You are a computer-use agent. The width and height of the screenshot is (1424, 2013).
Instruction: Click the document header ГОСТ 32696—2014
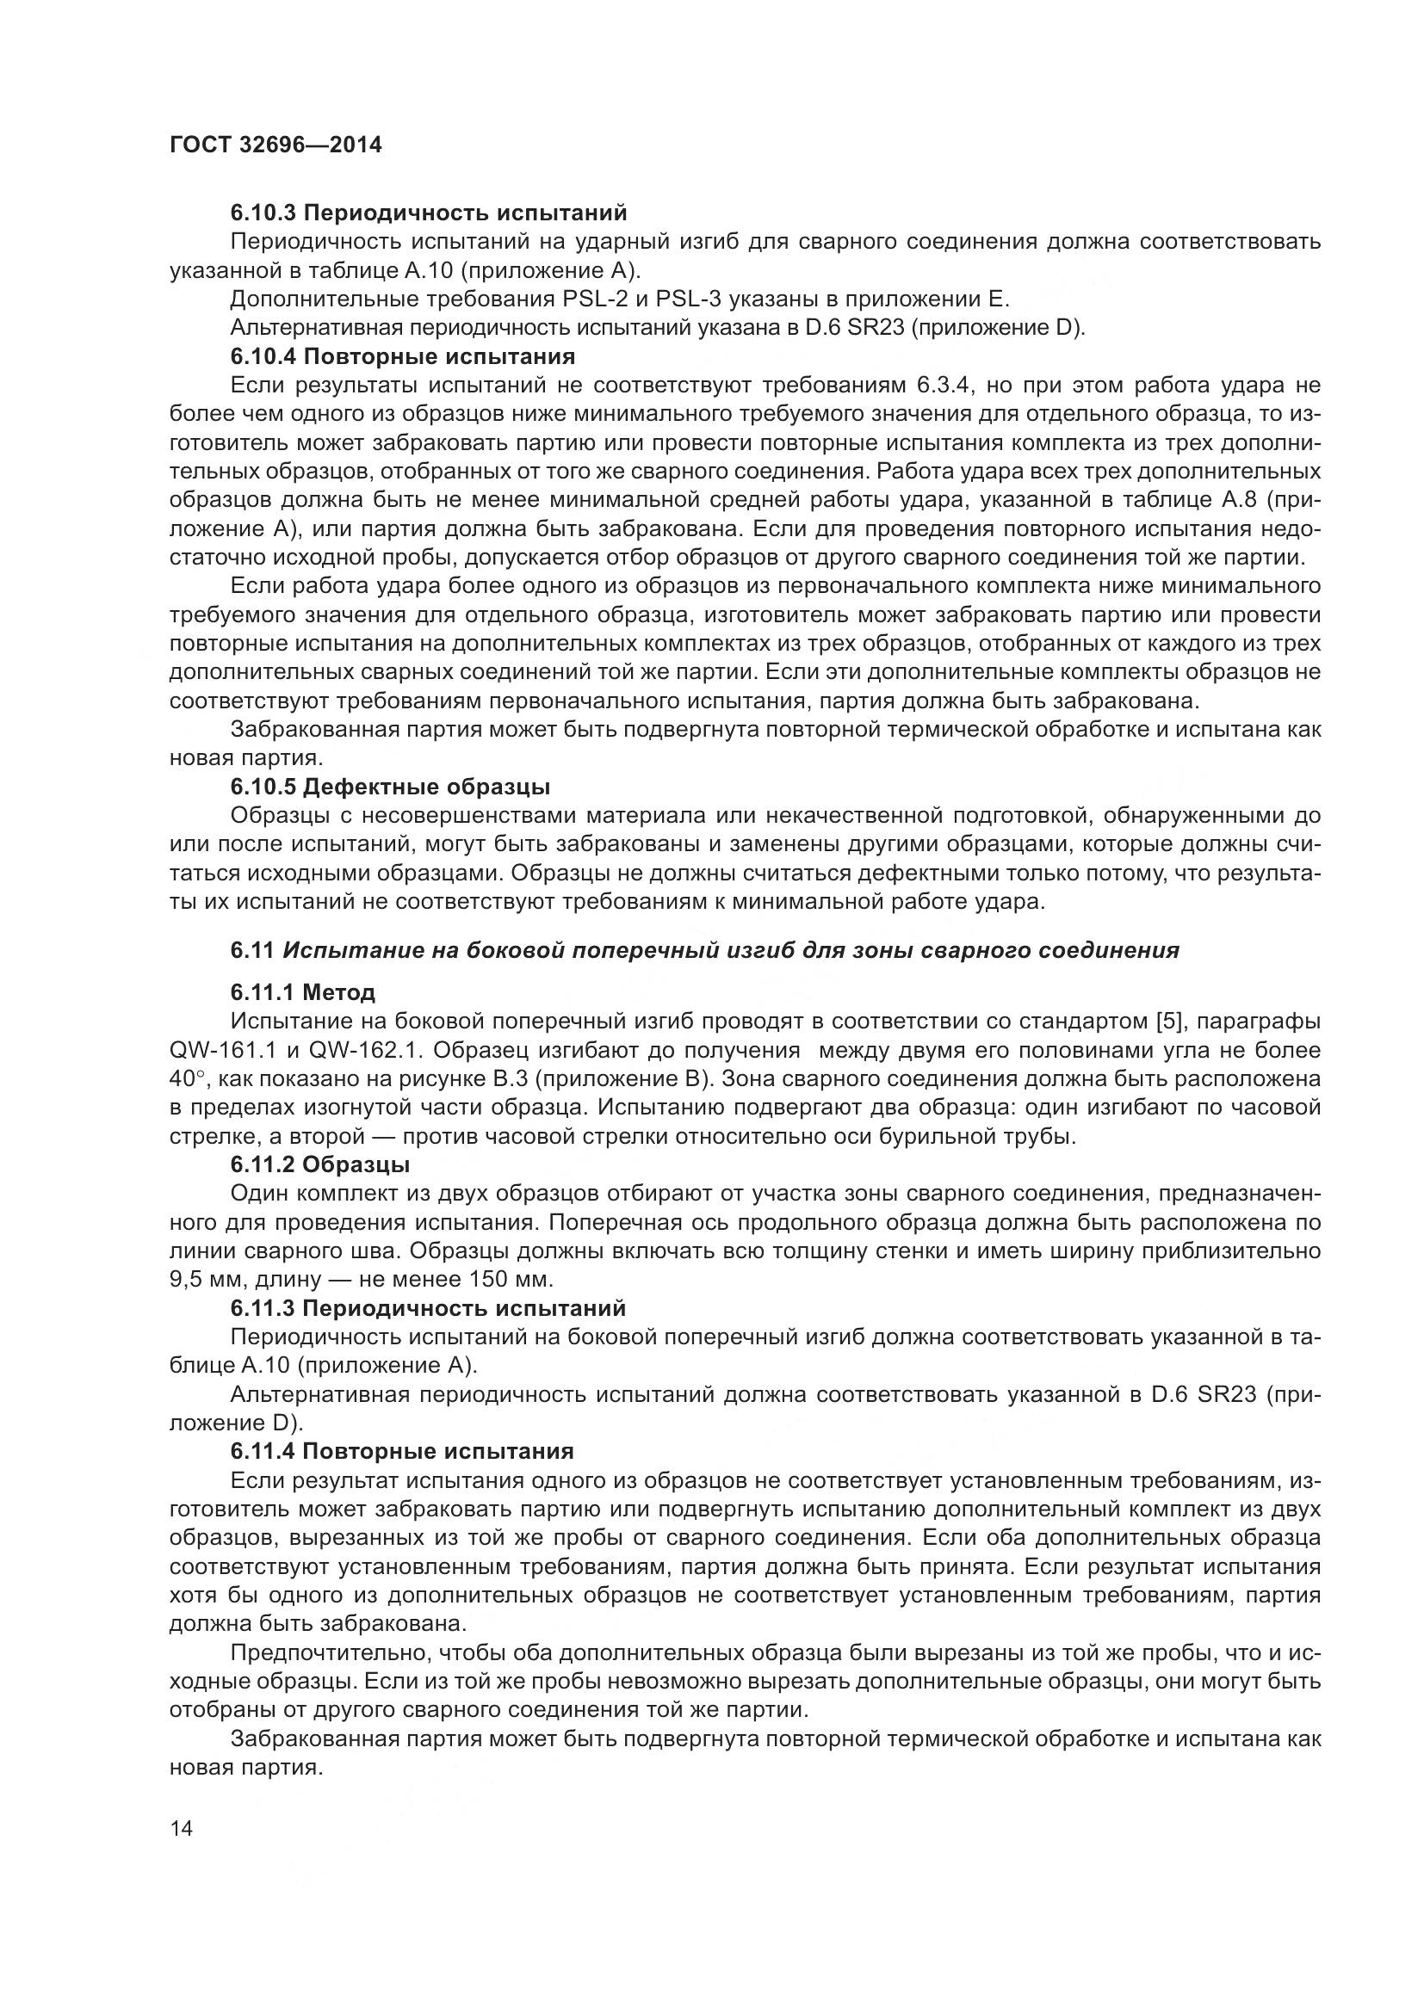[276, 145]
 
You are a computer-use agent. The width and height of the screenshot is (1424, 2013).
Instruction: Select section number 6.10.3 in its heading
[263, 213]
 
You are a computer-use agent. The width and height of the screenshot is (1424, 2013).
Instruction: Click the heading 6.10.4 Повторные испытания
[402, 357]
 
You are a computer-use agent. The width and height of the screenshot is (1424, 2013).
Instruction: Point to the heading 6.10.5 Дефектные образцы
[390, 787]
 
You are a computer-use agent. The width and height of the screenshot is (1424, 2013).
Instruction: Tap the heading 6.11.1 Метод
[302, 992]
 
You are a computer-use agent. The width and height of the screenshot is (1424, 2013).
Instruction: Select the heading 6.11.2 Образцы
[320, 1164]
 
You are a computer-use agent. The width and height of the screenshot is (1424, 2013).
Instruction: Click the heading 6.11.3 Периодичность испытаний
[428, 1308]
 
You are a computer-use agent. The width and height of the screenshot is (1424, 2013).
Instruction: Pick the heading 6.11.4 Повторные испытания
[401, 1451]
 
